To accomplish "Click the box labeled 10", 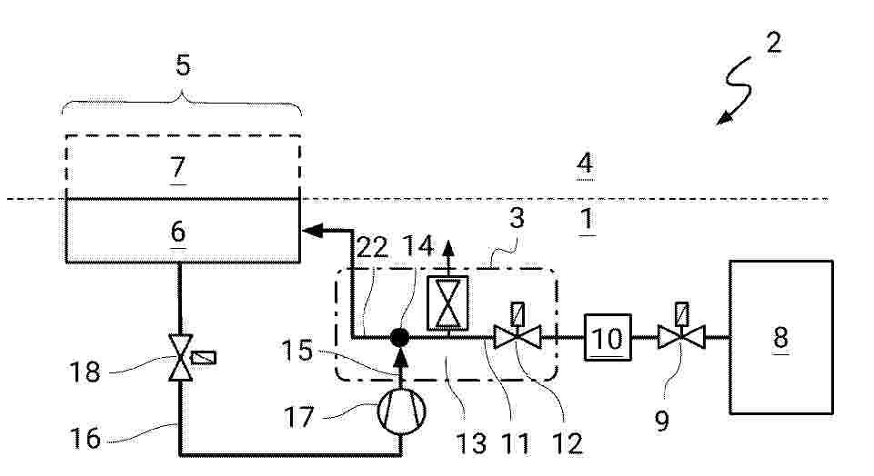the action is [608, 337].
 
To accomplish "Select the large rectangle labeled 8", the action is [781, 337].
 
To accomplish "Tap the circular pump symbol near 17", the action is [401, 411].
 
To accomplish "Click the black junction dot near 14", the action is [399, 337].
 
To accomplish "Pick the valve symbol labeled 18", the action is [181, 357].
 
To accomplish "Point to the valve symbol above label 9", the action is [681, 337].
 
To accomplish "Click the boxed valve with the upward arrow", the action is [447, 303].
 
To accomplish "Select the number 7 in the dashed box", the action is [178, 166].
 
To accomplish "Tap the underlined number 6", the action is [178, 231].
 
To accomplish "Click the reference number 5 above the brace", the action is [183, 65].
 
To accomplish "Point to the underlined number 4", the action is [585, 164].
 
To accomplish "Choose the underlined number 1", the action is [587, 219].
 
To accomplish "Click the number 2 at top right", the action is [774, 43].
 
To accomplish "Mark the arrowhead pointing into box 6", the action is [312, 230].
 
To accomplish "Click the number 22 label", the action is [372, 247].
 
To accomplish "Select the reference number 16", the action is [85, 438].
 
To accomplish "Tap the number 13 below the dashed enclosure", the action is [471, 443].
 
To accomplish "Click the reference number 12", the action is [567, 443].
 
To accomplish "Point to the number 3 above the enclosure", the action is [517, 218].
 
